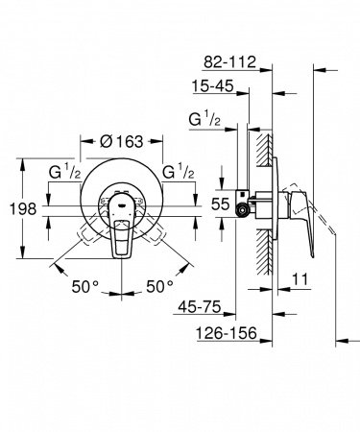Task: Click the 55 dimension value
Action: point(220,204)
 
